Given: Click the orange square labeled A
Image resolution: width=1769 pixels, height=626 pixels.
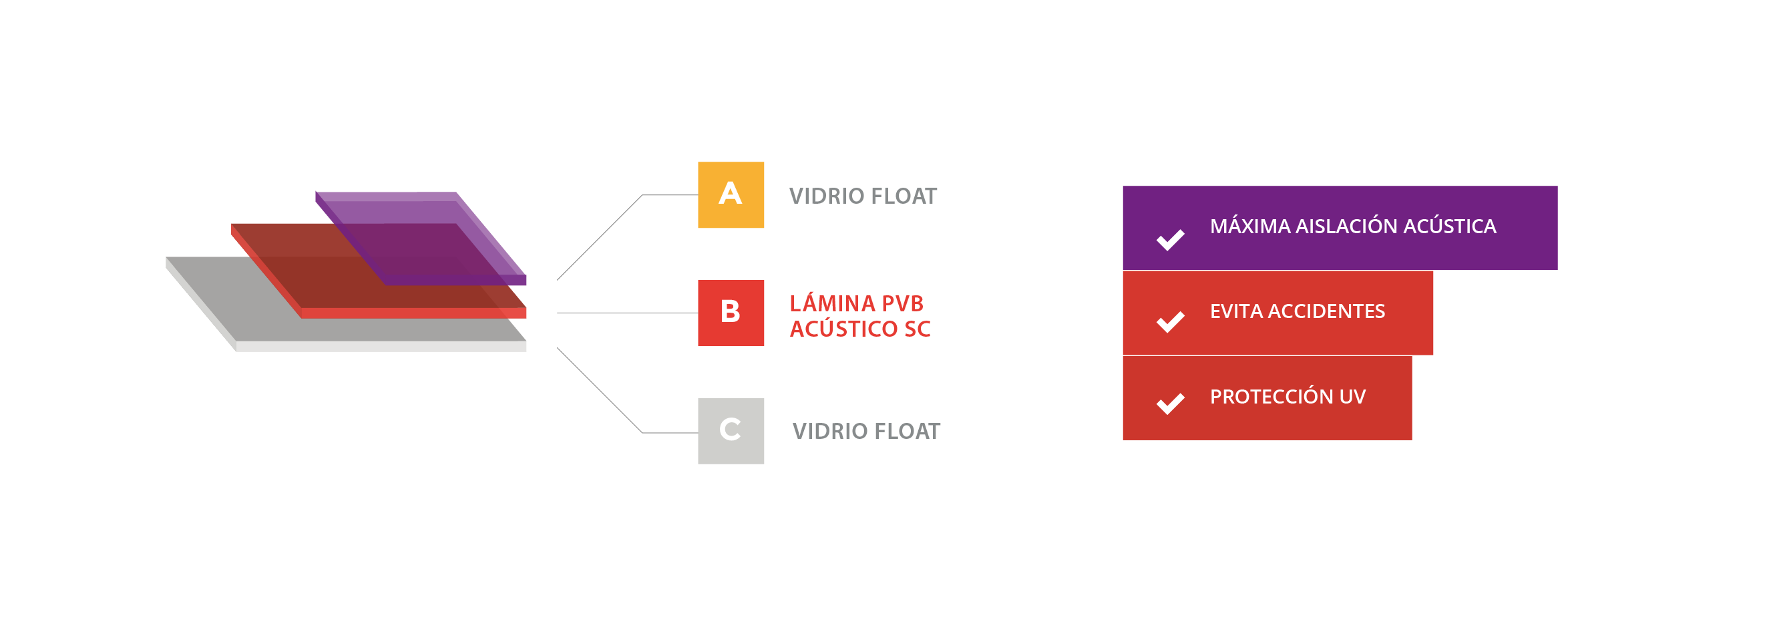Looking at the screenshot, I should [731, 194].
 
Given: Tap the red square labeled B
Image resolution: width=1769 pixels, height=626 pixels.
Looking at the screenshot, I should [731, 313].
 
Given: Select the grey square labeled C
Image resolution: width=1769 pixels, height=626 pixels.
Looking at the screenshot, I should [731, 431].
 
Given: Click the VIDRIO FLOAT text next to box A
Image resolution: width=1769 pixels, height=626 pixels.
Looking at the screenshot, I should [863, 196].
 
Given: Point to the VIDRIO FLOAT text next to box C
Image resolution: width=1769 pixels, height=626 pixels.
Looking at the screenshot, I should [866, 432].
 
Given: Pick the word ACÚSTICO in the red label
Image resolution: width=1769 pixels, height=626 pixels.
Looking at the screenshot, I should [843, 329].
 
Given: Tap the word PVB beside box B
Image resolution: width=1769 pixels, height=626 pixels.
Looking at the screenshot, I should [902, 304].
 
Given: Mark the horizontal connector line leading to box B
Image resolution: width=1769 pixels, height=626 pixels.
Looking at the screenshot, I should [626, 313].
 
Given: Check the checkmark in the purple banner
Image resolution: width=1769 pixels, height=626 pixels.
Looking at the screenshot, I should [1170, 239].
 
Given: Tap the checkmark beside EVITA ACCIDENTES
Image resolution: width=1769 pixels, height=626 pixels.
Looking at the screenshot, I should [1170, 321].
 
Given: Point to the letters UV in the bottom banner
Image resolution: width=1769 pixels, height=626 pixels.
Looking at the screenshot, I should [1352, 397].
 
